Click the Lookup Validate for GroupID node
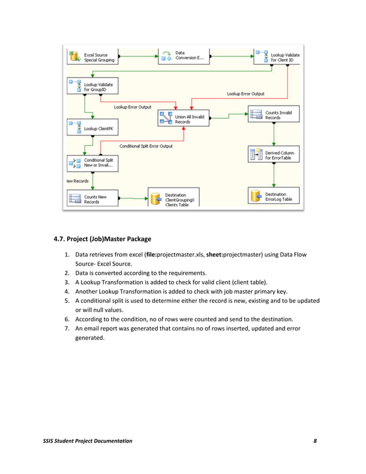(92, 87)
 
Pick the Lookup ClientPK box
(92, 128)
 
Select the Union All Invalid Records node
(183, 118)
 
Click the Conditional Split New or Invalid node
(92, 163)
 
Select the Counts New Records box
(92, 199)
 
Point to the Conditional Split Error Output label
(146, 146)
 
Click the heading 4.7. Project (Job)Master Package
(103, 239)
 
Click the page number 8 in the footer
(315, 440)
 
